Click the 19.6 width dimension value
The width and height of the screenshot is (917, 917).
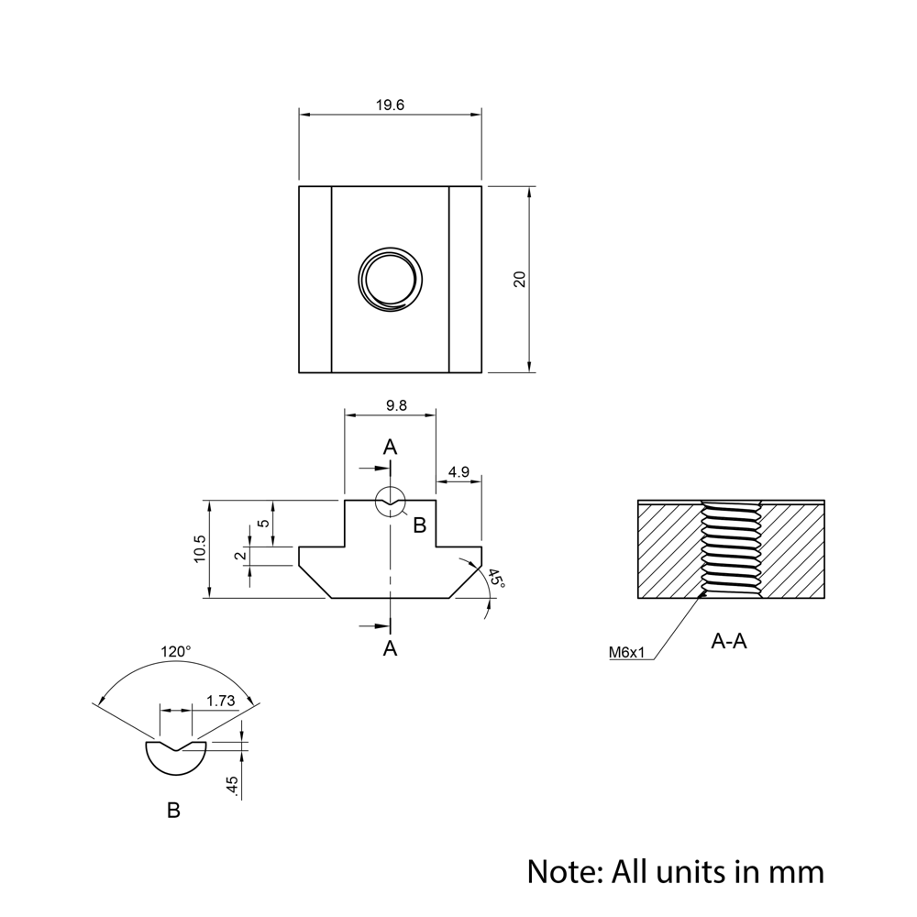pos(390,105)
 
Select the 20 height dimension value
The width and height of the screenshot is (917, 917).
pos(520,280)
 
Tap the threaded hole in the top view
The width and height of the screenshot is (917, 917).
pos(390,279)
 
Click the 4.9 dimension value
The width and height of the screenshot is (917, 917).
pos(458,472)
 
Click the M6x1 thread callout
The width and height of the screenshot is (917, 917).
pos(628,653)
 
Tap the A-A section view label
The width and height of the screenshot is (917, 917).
pos(729,641)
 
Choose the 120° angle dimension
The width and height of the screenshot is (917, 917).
pos(176,651)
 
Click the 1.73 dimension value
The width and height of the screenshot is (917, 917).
pos(221,701)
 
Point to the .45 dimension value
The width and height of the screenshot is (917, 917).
pos(232,786)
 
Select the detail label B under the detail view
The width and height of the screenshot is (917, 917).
pos(173,811)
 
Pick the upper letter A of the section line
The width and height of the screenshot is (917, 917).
pos(390,447)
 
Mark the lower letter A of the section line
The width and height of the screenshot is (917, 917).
pos(390,648)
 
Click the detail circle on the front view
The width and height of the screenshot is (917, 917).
pos(391,501)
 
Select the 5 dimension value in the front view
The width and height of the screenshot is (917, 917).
pos(264,524)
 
